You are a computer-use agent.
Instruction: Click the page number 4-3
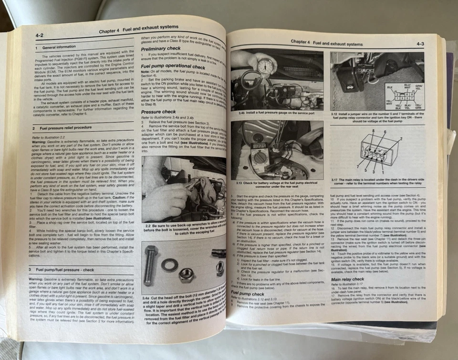pos(420,44)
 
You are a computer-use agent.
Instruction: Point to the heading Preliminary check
pos(160,49)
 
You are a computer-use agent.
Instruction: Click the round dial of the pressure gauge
pos(265,66)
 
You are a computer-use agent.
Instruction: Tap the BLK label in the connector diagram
pos(376,88)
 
